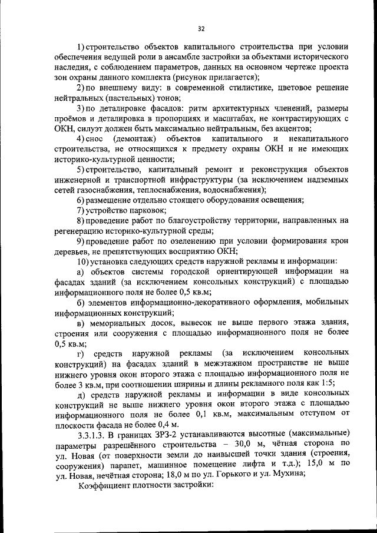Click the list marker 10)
(84, 261)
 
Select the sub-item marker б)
(81, 303)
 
